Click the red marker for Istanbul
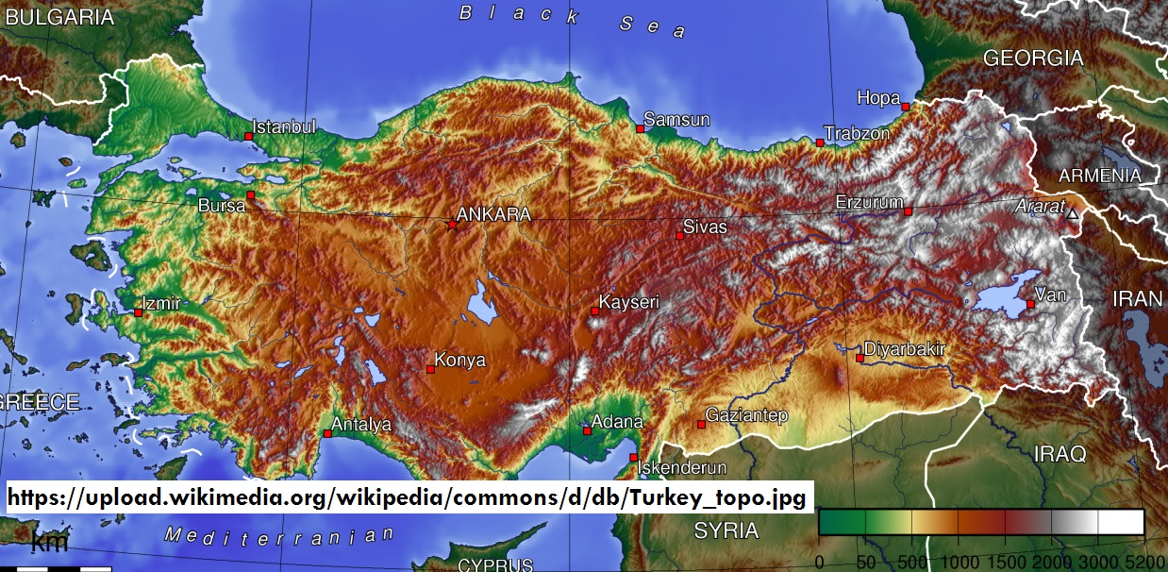click(249, 137)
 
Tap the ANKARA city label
click(493, 214)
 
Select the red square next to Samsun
click(640, 128)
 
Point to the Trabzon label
click(857, 134)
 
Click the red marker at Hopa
click(905, 107)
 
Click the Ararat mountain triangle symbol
click(1072, 215)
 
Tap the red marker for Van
click(1030, 304)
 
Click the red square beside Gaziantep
click(701, 425)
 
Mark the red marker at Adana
click(587, 431)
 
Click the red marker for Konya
click(430, 369)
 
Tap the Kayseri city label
click(629, 303)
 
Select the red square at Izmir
click(138, 312)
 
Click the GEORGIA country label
click(1033, 59)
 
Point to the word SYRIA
click(726, 530)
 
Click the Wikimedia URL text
click(407, 496)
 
